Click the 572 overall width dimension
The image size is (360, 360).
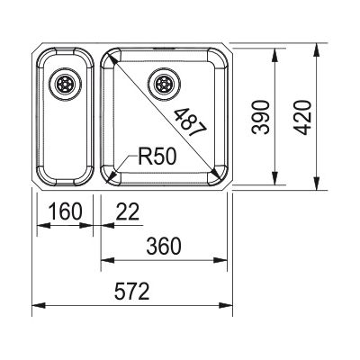pyautogui.click(x=131, y=292)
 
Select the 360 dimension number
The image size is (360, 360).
pyautogui.click(x=164, y=247)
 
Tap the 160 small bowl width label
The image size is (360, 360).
pyautogui.click(x=65, y=211)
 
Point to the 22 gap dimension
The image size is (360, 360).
pyautogui.click(x=128, y=211)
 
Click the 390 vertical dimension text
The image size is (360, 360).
pyautogui.click(x=260, y=117)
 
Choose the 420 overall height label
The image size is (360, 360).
pyautogui.click(x=301, y=117)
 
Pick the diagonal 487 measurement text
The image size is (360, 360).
pyautogui.click(x=191, y=122)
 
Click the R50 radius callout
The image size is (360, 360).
pyautogui.click(x=157, y=157)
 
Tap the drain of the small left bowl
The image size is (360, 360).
pyautogui.click(x=65, y=84)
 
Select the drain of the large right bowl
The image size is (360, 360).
pyautogui.click(x=164, y=84)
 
